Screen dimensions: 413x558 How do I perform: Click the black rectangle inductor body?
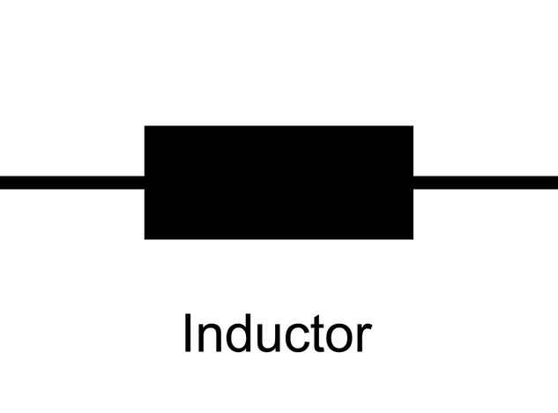279,182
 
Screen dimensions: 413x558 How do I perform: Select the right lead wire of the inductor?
485,183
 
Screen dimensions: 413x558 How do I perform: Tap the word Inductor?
277,334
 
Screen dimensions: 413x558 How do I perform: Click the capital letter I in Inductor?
188,334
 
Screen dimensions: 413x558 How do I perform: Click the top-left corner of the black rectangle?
145,126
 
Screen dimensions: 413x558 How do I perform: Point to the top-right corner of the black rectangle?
413,126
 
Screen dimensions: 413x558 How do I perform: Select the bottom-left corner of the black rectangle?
145,238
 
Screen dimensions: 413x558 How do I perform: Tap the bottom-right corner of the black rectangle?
413,238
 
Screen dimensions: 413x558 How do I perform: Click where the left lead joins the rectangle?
145,183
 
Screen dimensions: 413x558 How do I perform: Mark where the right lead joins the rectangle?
413,183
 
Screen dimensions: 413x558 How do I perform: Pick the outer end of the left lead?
3,183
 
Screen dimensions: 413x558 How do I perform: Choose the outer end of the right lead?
554,183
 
